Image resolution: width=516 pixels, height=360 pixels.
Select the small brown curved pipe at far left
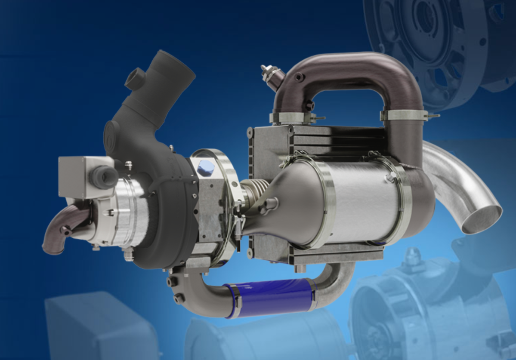[60, 228]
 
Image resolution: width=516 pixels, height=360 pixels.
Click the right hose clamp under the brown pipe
[405, 115]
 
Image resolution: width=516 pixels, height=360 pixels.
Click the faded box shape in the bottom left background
[99, 327]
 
